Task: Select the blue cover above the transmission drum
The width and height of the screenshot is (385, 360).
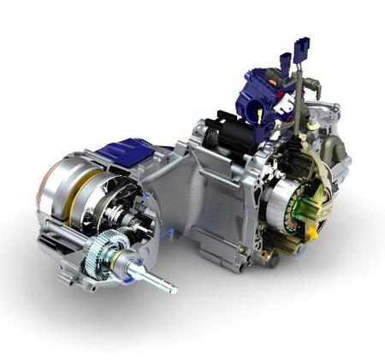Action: tap(128, 155)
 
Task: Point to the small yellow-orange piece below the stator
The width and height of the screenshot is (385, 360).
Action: tap(313, 231)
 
